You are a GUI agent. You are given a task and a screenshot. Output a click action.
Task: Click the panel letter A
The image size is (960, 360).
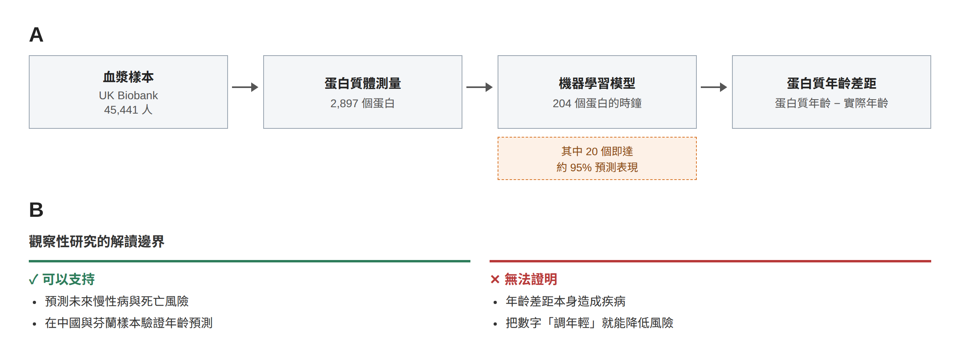pyautogui.click(x=36, y=35)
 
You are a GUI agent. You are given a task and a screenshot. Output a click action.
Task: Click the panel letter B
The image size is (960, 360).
pyautogui.click(x=36, y=210)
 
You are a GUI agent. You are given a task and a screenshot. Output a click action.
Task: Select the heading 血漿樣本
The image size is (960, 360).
pyautogui.click(x=128, y=77)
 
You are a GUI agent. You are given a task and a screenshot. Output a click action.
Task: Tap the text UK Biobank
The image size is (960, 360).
pyautogui.click(x=128, y=95)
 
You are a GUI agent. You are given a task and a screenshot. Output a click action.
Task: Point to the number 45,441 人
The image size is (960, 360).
pyautogui.click(x=128, y=110)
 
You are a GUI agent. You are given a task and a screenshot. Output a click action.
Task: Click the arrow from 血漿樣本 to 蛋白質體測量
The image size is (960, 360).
pyautogui.click(x=245, y=87)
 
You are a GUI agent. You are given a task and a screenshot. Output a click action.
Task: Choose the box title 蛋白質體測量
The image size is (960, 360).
pyautogui.click(x=363, y=83)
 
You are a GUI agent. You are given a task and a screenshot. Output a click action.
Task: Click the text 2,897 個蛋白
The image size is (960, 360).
pyautogui.click(x=363, y=103)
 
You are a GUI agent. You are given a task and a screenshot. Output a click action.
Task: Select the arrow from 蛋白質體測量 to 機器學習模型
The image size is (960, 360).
pyautogui.click(x=480, y=87)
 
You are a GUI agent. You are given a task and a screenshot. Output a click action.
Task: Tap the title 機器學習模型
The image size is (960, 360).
pyautogui.click(x=597, y=83)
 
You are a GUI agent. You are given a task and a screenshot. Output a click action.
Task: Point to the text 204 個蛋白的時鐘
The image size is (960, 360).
pyautogui.click(x=597, y=103)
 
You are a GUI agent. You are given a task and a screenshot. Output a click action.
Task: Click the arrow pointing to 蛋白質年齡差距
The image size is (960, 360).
pyautogui.click(x=714, y=87)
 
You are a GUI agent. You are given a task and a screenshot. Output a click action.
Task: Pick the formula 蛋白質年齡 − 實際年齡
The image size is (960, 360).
pyautogui.click(x=832, y=103)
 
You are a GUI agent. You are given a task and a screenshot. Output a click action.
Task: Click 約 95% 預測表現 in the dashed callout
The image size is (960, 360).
pyautogui.click(x=597, y=167)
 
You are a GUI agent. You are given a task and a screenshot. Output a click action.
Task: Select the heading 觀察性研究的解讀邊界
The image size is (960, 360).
pyautogui.click(x=97, y=241)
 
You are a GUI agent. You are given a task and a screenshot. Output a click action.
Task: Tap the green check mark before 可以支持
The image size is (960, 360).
pyautogui.click(x=34, y=279)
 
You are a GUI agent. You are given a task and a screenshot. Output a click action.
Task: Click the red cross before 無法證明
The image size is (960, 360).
pyautogui.click(x=495, y=279)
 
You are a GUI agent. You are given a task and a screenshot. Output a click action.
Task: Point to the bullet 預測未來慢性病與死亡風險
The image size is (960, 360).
pyautogui.click(x=117, y=301)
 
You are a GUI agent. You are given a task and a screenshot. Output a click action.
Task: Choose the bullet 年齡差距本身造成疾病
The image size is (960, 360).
pyautogui.click(x=566, y=301)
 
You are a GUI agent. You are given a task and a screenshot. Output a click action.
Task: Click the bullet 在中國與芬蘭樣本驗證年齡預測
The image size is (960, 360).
pyautogui.click(x=129, y=323)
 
